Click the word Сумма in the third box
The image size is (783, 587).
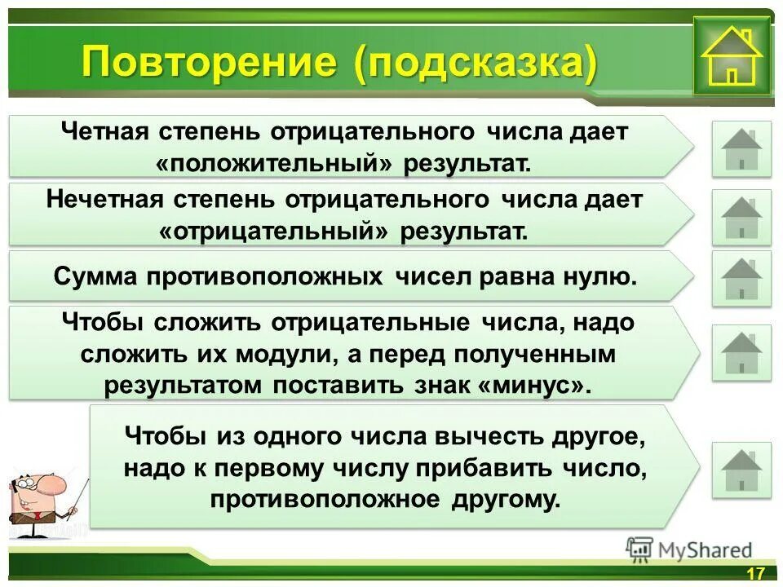pos(96,276)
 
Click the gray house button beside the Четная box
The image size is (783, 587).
pos(741,148)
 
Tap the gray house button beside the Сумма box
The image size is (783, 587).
pos(741,278)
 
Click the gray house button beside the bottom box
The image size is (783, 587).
pos(741,470)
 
